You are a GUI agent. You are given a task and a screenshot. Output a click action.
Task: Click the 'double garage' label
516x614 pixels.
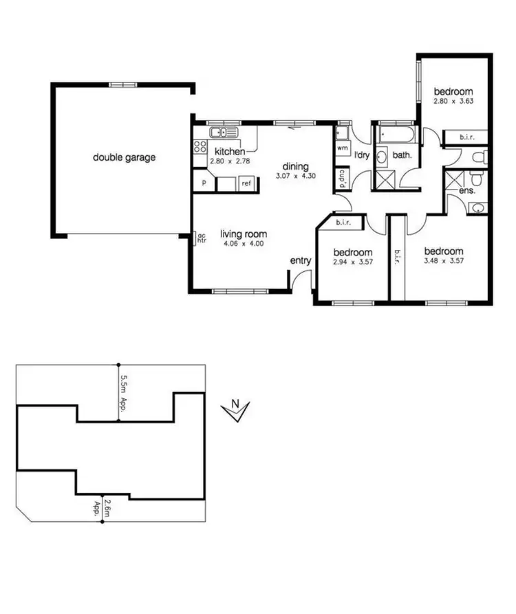[125, 157]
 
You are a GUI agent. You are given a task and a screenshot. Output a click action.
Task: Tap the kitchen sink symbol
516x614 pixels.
[224, 132]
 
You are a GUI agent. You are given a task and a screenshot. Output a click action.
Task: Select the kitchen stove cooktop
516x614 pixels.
[200, 146]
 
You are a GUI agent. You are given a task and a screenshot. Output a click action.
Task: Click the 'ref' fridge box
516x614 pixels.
[246, 183]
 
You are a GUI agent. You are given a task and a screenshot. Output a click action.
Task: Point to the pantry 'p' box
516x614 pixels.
[204, 183]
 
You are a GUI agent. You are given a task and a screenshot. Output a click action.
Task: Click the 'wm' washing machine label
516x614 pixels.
[342, 148]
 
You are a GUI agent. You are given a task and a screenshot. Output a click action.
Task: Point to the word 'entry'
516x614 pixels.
[301, 260]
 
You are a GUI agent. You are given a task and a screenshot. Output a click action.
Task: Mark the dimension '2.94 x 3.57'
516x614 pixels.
[352, 262]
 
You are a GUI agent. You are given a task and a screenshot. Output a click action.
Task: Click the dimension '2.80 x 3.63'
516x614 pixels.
[453, 102]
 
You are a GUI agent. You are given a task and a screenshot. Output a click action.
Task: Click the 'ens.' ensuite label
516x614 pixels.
[467, 190]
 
